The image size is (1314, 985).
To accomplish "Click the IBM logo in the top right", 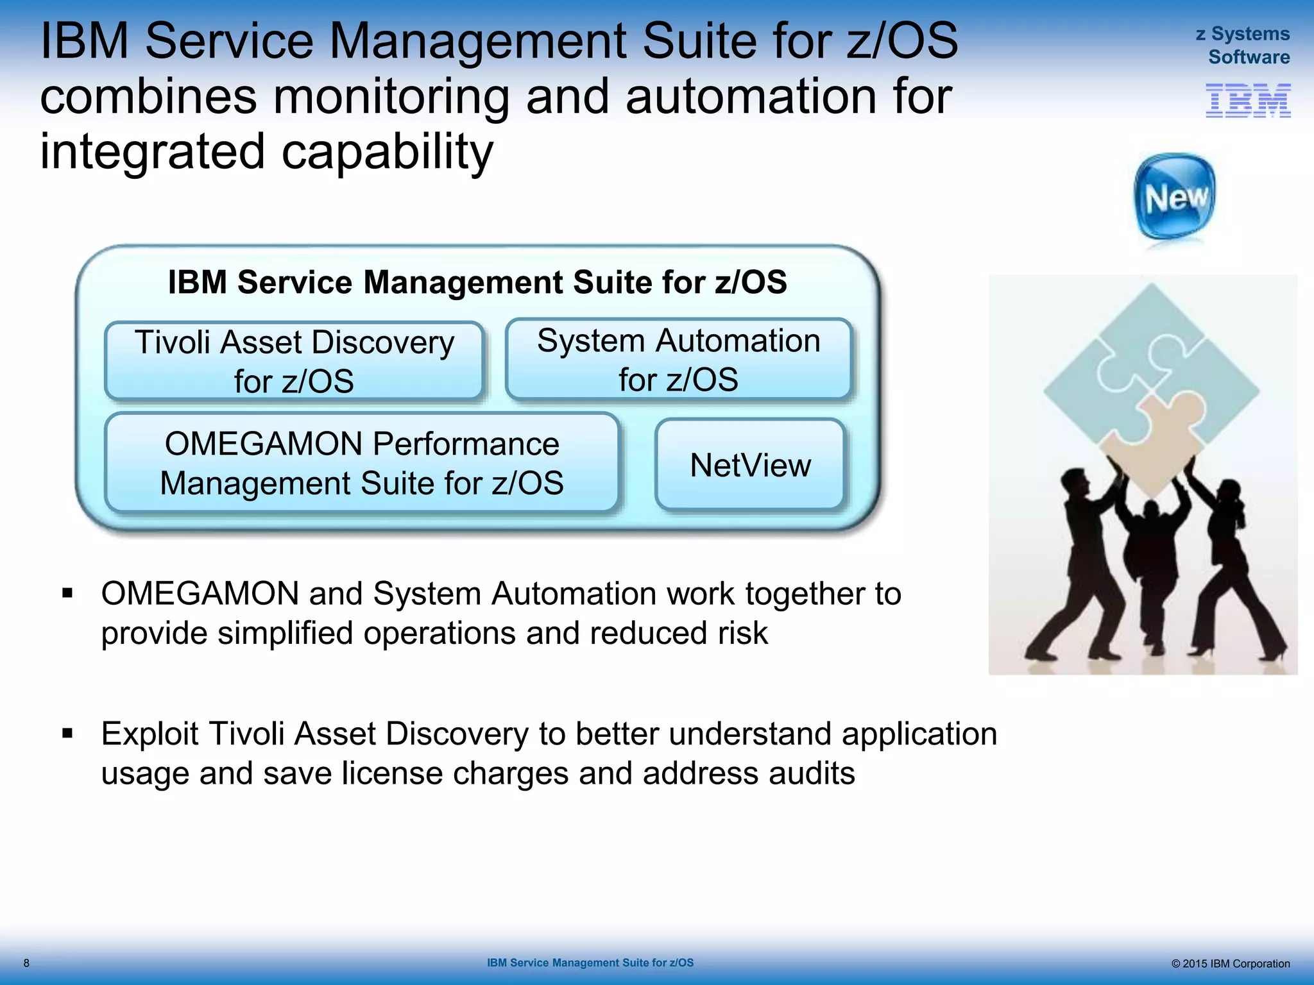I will (x=1248, y=101).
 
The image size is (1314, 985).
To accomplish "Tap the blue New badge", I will (x=1174, y=197).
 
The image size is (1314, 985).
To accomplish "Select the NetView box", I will (x=750, y=465).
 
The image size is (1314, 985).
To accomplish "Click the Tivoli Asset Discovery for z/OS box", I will (x=294, y=361).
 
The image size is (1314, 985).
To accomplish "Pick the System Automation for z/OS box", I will (x=678, y=360).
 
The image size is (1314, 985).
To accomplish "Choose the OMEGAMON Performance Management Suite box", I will (x=362, y=463).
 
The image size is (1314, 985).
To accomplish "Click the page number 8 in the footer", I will (x=26, y=963).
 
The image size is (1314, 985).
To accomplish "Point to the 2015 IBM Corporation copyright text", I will (x=1230, y=963).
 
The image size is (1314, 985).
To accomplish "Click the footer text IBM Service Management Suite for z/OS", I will (x=590, y=963).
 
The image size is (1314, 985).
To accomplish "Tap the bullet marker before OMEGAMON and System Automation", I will (x=68, y=594).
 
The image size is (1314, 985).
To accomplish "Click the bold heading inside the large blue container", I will (x=477, y=282).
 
